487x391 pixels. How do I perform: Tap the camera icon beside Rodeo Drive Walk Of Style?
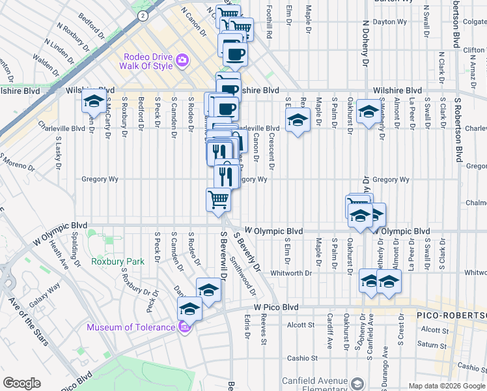(182, 60)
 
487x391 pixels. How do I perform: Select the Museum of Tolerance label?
(130, 327)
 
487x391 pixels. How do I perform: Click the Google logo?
(22, 383)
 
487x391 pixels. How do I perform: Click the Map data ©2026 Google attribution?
(446, 386)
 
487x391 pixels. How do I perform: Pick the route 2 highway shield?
(143, 15)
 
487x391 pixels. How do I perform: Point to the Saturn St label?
(430, 344)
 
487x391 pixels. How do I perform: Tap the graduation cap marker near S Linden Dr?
(94, 102)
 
